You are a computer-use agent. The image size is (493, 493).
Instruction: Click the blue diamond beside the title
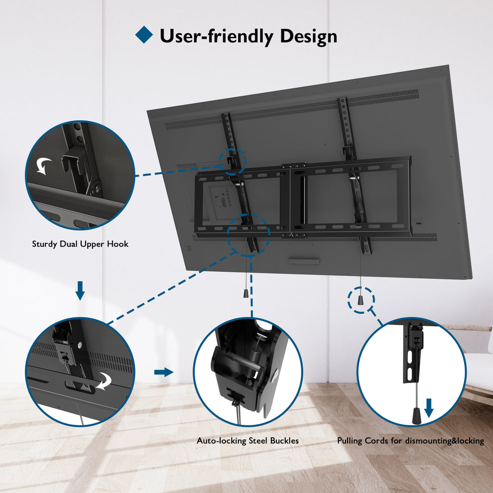(x=144, y=34)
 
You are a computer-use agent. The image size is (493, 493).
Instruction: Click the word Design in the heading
(x=308, y=36)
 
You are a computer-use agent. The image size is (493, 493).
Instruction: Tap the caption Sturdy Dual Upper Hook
(x=80, y=244)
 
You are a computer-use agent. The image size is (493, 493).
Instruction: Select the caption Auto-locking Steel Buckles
(x=248, y=441)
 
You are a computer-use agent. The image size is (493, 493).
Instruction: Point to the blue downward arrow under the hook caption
(x=80, y=290)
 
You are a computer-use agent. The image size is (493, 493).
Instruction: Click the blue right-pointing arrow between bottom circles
(x=163, y=372)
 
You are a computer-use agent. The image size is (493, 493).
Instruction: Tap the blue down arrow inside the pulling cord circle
(x=429, y=408)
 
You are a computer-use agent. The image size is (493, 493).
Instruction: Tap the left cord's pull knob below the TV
(x=246, y=293)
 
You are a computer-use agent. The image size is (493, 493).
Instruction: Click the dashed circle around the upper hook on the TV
(x=233, y=160)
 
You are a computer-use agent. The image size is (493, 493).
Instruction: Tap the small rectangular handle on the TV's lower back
(x=304, y=260)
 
